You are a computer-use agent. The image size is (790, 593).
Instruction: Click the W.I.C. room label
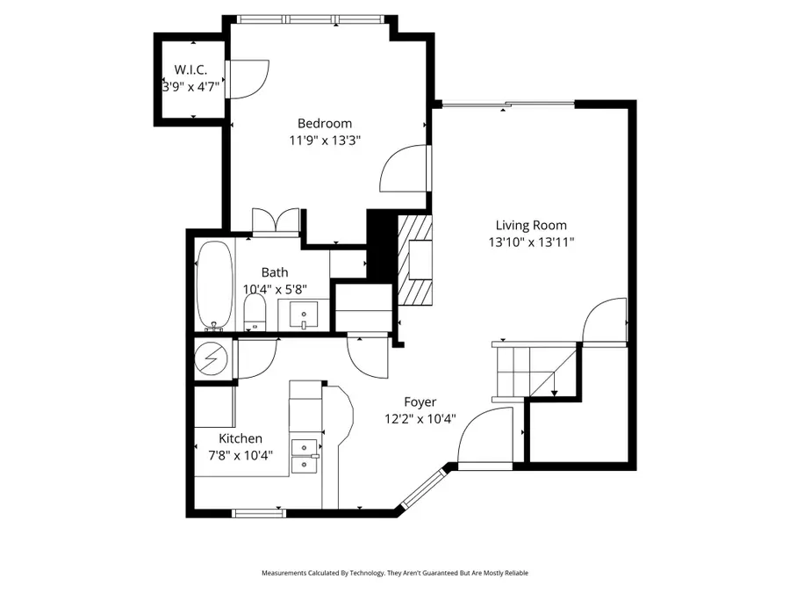pyautogui.click(x=190, y=69)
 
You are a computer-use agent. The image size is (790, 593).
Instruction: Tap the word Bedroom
pyautogui.click(x=324, y=124)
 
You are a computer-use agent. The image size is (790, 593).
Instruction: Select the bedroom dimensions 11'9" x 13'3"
pyautogui.click(x=325, y=140)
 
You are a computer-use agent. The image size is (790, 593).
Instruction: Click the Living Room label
pyautogui.click(x=531, y=225)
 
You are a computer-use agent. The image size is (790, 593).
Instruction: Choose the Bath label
pyautogui.click(x=274, y=272)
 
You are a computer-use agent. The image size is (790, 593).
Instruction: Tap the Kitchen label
pyautogui.click(x=241, y=438)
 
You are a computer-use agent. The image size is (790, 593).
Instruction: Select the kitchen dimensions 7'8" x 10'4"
pyautogui.click(x=234, y=455)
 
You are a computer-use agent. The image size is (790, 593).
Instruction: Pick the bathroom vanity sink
pyautogui.click(x=304, y=314)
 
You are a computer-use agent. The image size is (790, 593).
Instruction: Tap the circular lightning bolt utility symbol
pyautogui.click(x=211, y=358)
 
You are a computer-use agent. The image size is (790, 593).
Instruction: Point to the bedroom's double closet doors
pyautogui.click(x=276, y=221)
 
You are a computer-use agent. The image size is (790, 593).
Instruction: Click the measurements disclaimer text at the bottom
pyautogui.click(x=395, y=573)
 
